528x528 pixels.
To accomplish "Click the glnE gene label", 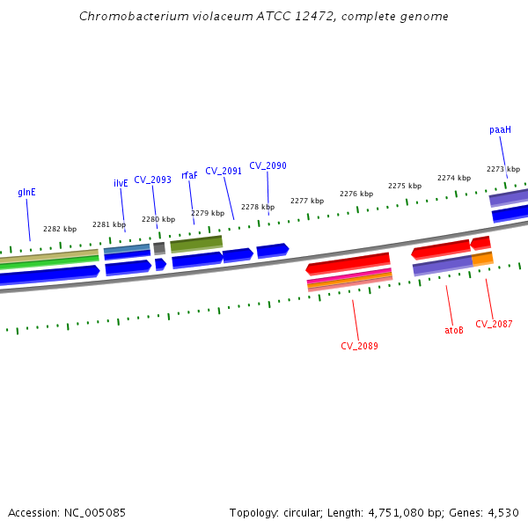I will (x=26, y=192).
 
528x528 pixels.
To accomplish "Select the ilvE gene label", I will (x=121, y=183).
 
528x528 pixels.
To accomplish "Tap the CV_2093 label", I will (x=152, y=180).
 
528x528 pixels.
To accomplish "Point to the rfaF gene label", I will (x=189, y=175).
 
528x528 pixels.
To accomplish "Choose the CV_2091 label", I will (x=224, y=171).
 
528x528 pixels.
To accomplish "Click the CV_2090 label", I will (x=268, y=165).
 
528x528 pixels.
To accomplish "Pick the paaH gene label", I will (x=500, y=129).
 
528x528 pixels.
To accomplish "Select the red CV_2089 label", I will (x=359, y=346).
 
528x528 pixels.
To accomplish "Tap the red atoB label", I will (x=453, y=331).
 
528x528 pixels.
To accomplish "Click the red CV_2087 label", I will (x=494, y=324).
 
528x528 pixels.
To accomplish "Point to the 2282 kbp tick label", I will (x=60, y=229).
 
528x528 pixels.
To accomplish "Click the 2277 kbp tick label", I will (x=307, y=201).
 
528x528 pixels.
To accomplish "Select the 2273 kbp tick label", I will (x=503, y=169).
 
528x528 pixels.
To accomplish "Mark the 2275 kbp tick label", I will (x=405, y=186).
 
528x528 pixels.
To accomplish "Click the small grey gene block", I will (x=159, y=248).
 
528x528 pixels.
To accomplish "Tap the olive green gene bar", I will (x=196, y=242).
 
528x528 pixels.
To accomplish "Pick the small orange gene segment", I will (x=482, y=259).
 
